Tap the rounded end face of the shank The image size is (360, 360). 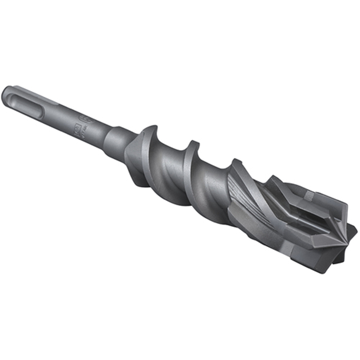tap(6, 93)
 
